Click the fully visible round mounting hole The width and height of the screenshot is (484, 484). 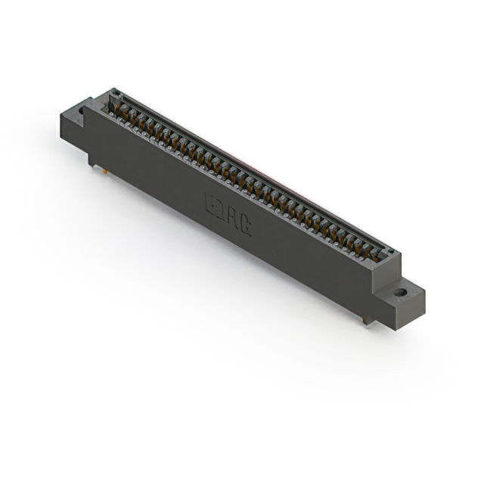click(401, 290)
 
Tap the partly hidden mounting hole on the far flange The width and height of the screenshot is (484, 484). click(81, 111)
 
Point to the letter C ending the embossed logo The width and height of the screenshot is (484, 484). click(247, 227)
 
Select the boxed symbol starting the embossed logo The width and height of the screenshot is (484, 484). click(213, 203)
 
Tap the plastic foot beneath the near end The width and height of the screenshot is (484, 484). click(367, 321)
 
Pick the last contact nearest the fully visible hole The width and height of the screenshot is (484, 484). click(375, 254)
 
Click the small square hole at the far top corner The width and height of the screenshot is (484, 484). click(116, 93)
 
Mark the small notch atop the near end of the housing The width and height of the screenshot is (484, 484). click(389, 253)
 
